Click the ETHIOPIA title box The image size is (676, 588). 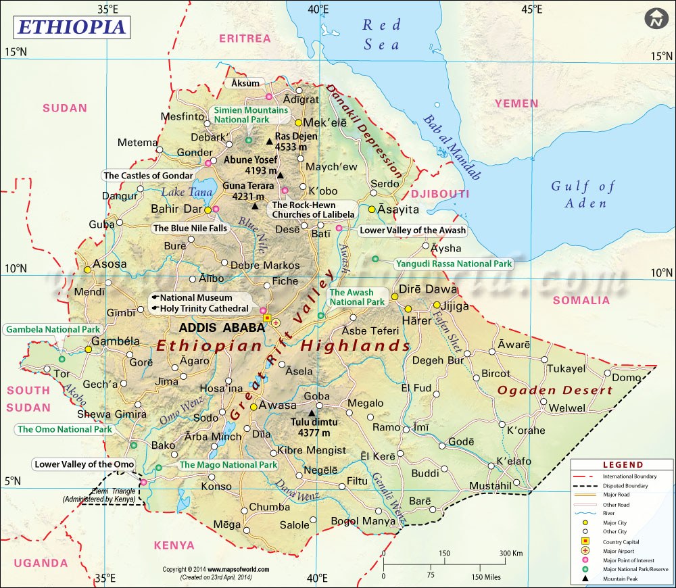pyautogui.click(x=70, y=26)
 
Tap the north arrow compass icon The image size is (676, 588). pyautogui.click(x=654, y=19)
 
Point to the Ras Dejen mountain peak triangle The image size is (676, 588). pyautogui.click(x=269, y=141)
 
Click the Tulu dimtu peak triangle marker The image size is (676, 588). pyautogui.click(x=312, y=412)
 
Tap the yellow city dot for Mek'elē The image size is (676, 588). pyautogui.click(x=298, y=123)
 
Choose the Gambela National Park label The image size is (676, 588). pyautogui.click(x=53, y=330)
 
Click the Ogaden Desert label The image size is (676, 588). pyautogui.click(x=554, y=390)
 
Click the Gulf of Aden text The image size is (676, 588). pyautogui.click(x=583, y=195)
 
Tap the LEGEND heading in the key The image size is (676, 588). pyautogui.click(x=623, y=465)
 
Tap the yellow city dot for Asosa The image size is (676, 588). pyautogui.click(x=87, y=270)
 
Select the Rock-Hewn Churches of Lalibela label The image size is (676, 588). pyautogui.click(x=313, y=210)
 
